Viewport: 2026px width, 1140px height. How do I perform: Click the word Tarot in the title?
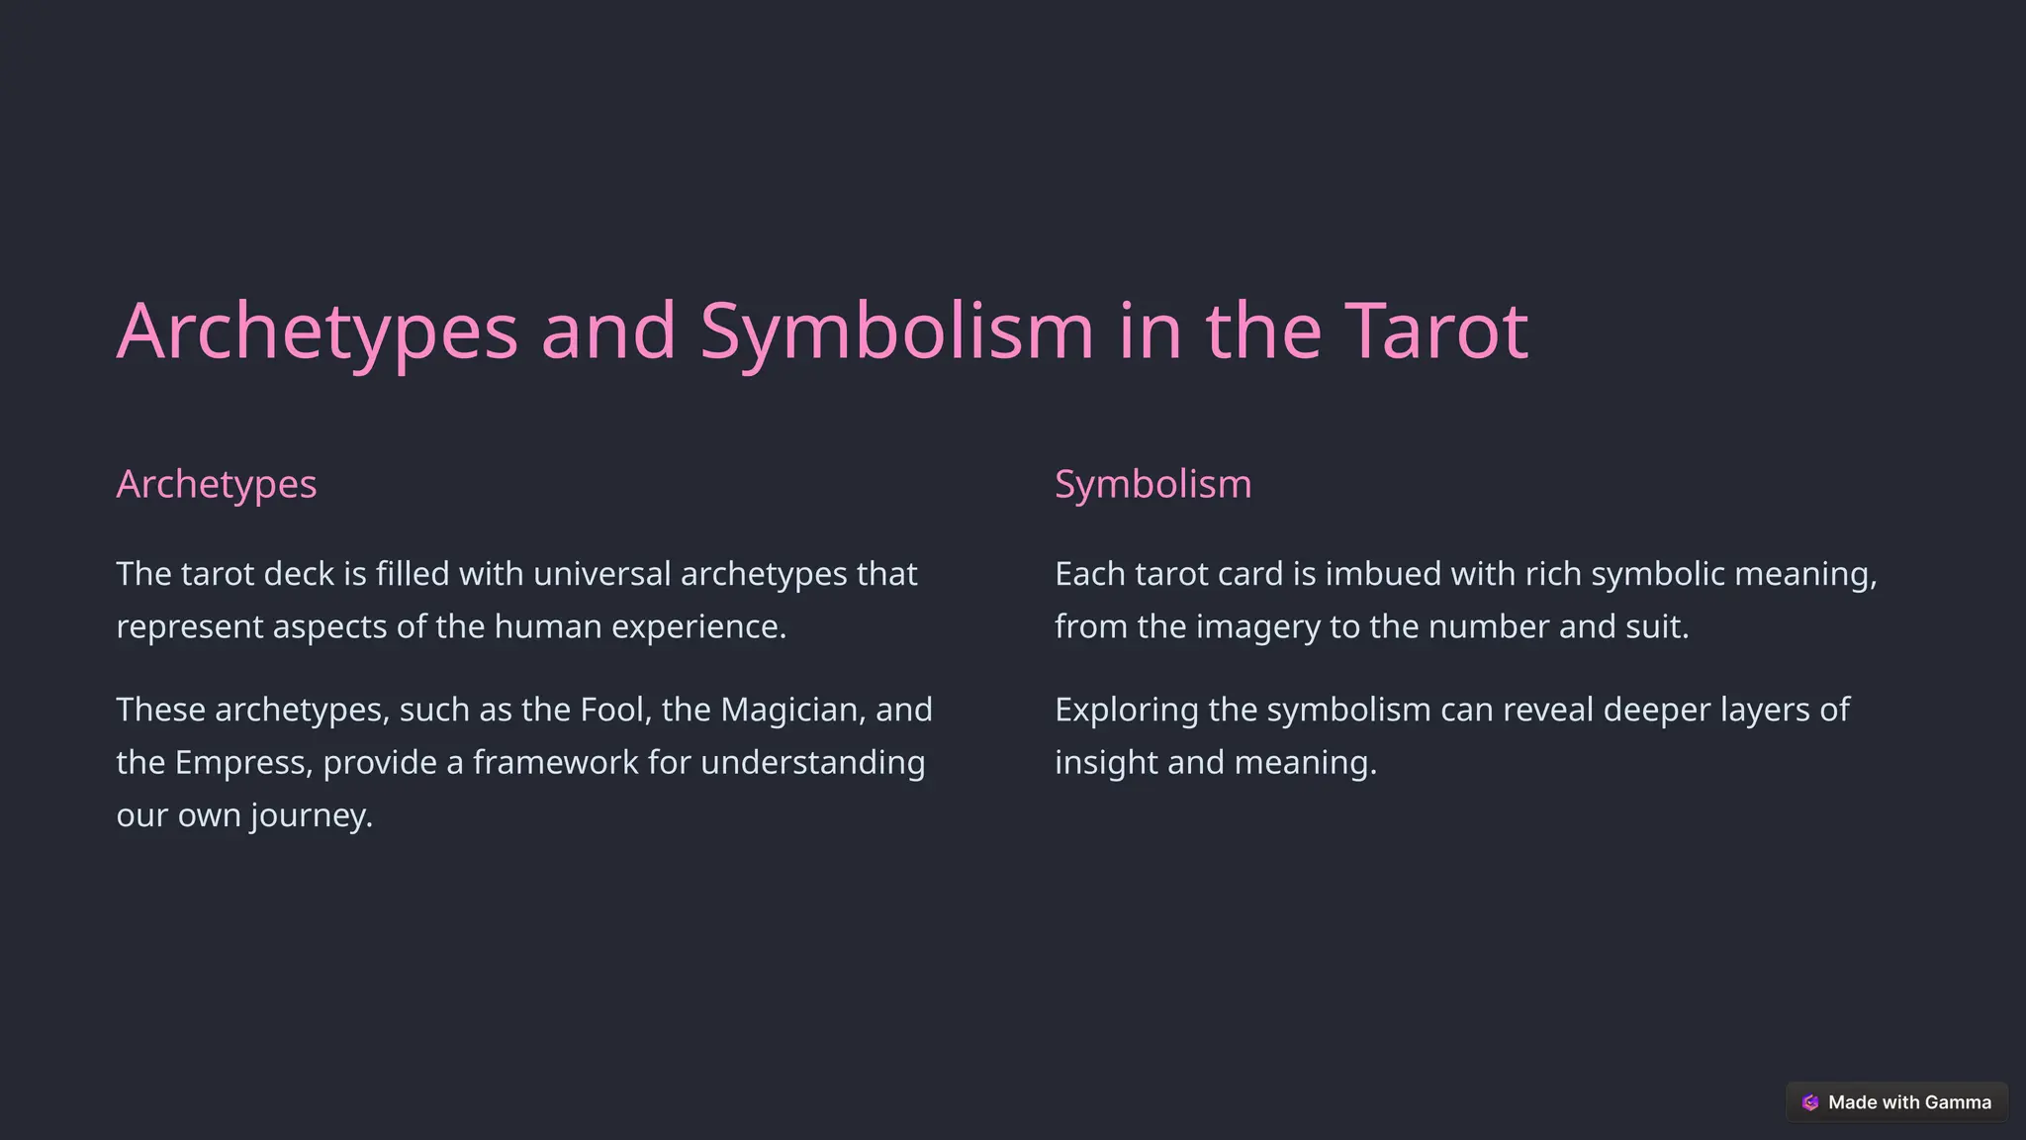point(1435,331)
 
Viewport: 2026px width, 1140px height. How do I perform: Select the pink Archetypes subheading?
point(217,485)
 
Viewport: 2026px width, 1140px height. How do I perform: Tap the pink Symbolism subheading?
point(1152,485)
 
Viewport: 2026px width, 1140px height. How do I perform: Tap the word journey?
point(311,816)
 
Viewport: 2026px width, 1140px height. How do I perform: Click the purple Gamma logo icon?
point(1810,1102)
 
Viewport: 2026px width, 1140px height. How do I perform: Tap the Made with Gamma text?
point(1909,1102)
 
